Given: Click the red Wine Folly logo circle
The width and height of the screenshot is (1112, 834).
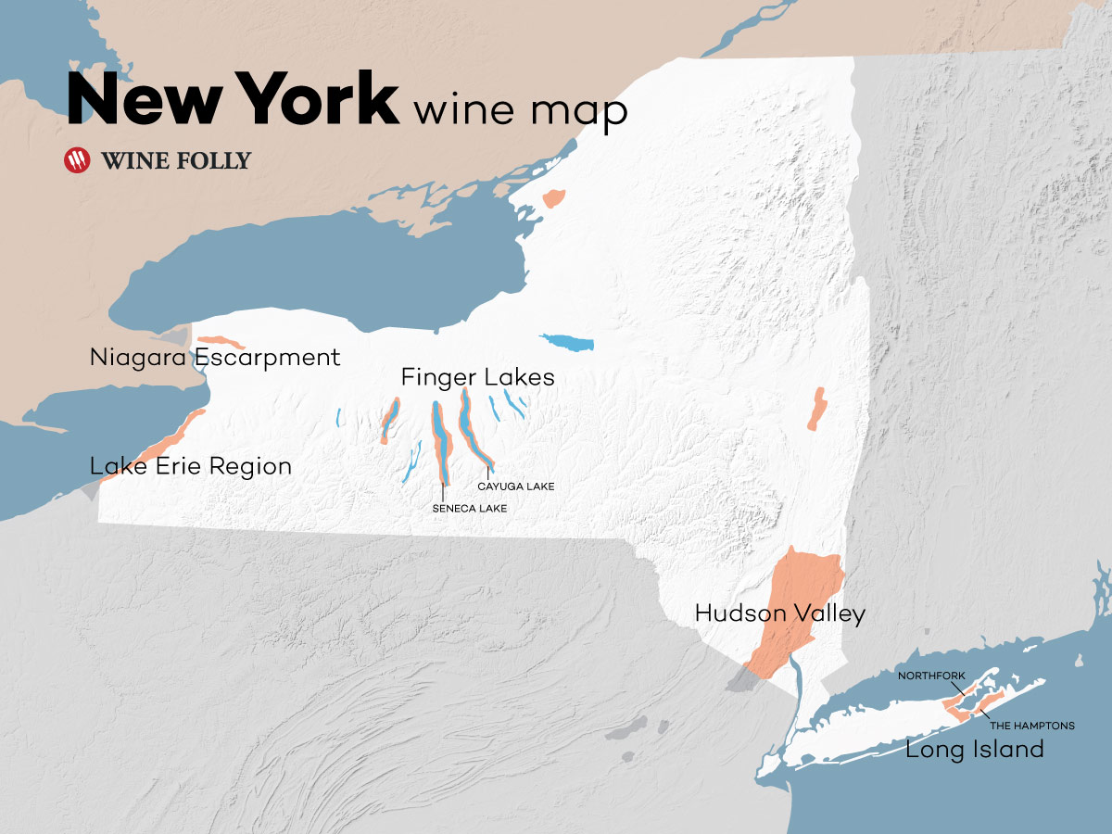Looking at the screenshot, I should pos(78,160).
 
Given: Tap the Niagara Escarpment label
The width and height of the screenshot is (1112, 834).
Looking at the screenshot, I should pos(215,358).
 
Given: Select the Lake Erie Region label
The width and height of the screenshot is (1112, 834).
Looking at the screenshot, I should pos(191,466).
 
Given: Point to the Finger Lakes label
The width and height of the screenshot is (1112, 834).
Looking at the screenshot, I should pos(477,377).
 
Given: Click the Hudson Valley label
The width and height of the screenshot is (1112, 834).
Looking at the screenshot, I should pos(779,613).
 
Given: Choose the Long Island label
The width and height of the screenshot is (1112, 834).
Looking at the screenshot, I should pos(974,749).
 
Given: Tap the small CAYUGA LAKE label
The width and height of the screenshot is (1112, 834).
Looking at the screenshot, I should pos(515,486).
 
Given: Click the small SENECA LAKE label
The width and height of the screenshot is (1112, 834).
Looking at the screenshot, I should pos(469,508).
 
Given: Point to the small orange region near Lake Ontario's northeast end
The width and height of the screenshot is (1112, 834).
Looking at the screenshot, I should pos(554,197).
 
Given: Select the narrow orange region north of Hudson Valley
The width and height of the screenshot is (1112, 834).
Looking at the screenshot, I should pos(815,409).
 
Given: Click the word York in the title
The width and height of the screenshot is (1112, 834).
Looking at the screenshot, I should pos(318,98).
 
